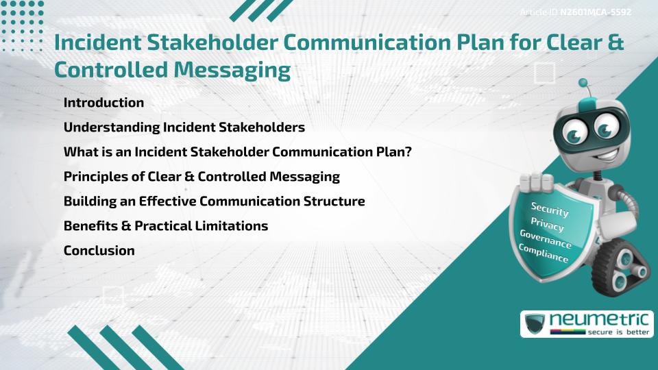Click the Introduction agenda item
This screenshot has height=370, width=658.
point(103,103)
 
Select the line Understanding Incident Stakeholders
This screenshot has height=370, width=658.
point(184,127)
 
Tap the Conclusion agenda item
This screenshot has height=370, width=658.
point(99,250)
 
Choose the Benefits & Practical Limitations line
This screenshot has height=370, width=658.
point(165,225)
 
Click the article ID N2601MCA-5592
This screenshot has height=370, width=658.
point(595,12)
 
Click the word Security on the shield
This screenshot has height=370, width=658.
point(550,208)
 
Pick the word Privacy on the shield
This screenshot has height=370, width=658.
point(548,225)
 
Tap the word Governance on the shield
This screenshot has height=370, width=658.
point(546,239)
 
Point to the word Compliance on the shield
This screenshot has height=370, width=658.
point(544,254)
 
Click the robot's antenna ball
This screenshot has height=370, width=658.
point(583,84)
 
